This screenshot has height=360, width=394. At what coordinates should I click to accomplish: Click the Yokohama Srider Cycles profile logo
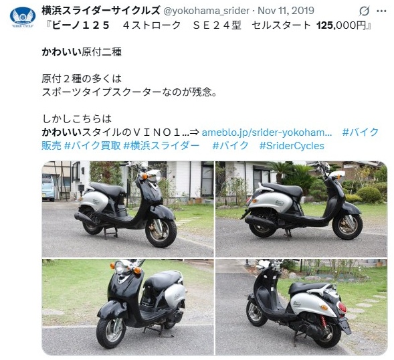(23, 17)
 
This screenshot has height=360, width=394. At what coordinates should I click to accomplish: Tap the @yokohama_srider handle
(206, 11)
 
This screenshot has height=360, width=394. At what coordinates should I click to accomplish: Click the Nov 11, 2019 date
(286, 11)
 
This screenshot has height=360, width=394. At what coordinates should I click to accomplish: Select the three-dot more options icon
(381, 11)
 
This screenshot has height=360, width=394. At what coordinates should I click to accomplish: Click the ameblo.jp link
(267, 132)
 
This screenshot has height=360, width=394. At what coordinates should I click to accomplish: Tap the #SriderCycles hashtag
(292, 146)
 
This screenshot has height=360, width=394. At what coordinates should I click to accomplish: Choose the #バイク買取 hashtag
(92, 146)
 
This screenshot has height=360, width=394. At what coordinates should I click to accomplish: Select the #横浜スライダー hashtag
(161, 146)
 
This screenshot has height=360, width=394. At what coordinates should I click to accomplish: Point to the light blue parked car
(47, 187)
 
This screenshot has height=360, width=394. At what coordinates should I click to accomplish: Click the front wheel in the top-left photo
(161, 233)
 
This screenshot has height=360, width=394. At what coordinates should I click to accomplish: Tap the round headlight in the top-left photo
(156, 176)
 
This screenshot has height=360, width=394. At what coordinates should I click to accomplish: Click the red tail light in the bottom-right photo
(342, 307)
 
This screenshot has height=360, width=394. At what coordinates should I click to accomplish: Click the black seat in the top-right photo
(282, 189)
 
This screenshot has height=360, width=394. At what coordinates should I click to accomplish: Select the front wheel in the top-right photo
(347, 226)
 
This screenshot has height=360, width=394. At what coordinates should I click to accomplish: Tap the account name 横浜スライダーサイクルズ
(101, 11)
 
